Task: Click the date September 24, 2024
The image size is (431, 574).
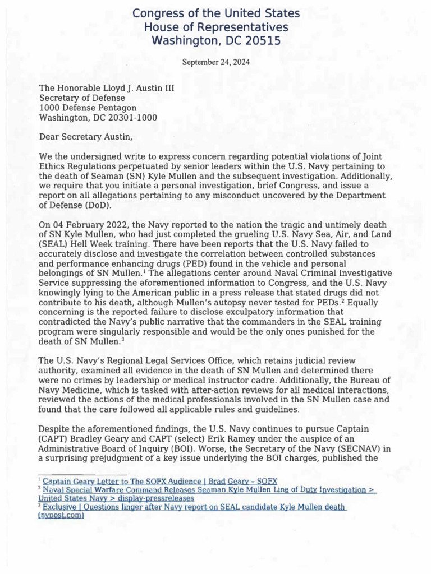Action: click(x=216, y=62)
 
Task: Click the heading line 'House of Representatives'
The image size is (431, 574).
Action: click(x=216, y=27)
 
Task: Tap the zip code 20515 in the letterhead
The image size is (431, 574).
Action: click(x=262, y=40)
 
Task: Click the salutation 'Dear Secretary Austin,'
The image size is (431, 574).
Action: click(x=84, y=136)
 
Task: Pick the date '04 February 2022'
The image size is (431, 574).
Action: click(x=86, y=224)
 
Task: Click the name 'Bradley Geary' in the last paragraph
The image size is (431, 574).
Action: click(x=97, y=439)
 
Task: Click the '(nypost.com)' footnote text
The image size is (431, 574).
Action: click(x=61, y=515)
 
